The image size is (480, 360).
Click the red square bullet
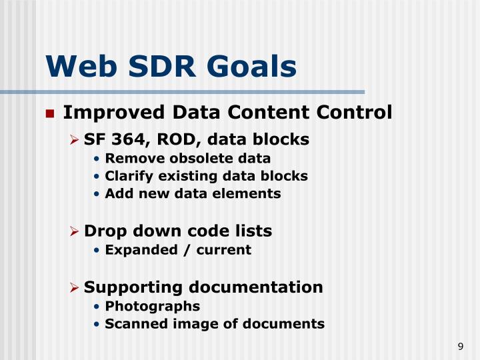[x=49, y=113]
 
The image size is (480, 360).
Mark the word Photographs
[x=152, y=306]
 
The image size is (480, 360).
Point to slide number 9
[x=461, y=346]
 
